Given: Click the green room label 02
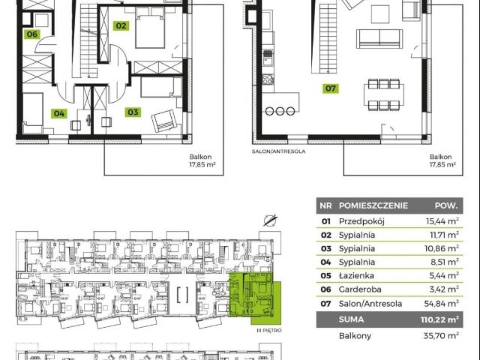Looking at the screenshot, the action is pyautogui.click(x=121, y=25).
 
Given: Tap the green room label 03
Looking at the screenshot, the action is pyautogui.click(x=133, y=112).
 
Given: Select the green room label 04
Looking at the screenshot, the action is pyautogui.click(x=59, y=113).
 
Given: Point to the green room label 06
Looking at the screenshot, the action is pyautogui.click(x=32, y=34).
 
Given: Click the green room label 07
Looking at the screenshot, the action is pyautogui.click(x=331, y=88).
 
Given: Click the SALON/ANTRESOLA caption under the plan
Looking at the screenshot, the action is pyautogui.click(x=278, y=151).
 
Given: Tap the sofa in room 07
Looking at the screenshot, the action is pyautogui.click(x=379, y=38).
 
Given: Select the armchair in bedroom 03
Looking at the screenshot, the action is pyautogui.click(x=164, y=121).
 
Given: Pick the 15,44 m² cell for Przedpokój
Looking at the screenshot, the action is pyautogui.click(x=442, y=220).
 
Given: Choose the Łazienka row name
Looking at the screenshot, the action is pyautogui.click(x=356, y=275).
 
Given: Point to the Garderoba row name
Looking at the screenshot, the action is pyautogui.click(x=360, y=289).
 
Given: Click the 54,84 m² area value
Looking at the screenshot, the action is pyautogui.click(x=442, y=303).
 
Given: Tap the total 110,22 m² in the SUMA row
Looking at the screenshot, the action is pyautogui.click(x=439, y=319).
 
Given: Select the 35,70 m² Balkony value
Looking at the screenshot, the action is pyautogui.click(x=441, y=335).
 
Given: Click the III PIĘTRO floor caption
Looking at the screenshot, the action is pyautogui.click(x=269, y=331).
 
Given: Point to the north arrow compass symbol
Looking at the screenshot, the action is pyautogui.click(x=270, y=220).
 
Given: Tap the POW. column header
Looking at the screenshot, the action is pyautogui.click(x=446, y=205).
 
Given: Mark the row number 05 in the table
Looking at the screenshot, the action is pyautogui.click(x=326, y=275).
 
